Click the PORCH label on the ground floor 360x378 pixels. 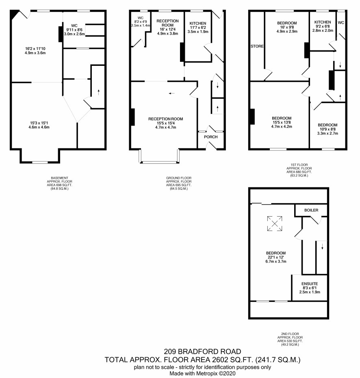pos(210,137)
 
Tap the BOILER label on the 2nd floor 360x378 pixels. pos(311,210)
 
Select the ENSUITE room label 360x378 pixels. pos(310,284)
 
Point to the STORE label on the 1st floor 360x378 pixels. pos(257,46)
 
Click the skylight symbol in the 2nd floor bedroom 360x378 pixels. pos(275,224)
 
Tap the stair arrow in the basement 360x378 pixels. pos(99,92)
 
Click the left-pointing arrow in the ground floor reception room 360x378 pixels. pos(171,93)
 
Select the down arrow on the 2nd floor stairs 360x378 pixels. pos(322,246)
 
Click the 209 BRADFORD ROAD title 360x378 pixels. pos(202,352)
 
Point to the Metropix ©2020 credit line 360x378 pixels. pos(202,374)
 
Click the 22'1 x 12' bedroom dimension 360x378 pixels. pos(275,257)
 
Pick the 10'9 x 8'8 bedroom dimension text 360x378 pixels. pos(327,129)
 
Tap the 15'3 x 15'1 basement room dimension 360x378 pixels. pos(39,123)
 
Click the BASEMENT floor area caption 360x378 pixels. pos(59,183)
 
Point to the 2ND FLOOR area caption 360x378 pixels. pos(290,339)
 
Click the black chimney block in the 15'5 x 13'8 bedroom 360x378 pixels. pos(252,117)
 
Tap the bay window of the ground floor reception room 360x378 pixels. pos(159,162)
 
